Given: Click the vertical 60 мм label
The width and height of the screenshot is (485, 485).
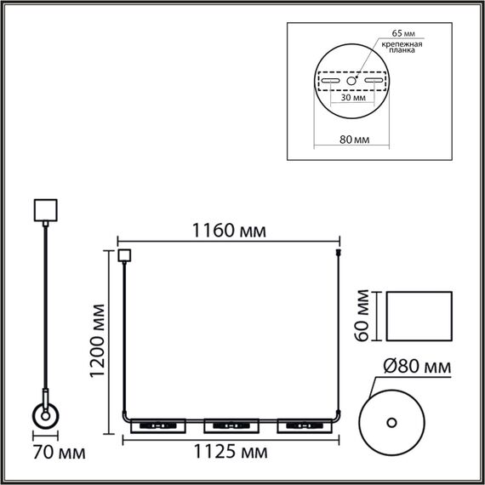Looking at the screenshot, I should pos(362,315).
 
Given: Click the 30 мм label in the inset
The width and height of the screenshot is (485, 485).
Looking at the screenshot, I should pos(353,98).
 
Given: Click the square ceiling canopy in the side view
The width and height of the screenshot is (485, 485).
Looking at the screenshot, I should pos(43,209).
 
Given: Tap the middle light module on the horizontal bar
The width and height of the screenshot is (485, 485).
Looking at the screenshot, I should pos(231,424).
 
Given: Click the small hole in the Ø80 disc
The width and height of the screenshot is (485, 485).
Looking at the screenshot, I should pos(392,422).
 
